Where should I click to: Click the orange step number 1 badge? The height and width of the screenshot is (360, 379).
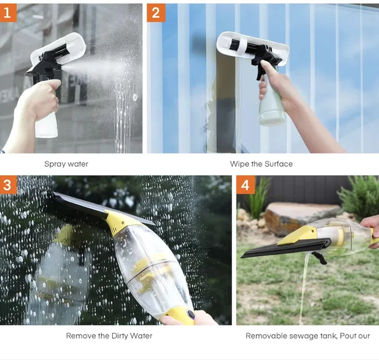pyautogui.click(x=8, y=12)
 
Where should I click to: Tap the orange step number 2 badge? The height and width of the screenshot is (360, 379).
pyautogui.click(x=156, y=12)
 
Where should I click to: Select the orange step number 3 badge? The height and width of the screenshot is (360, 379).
pyautogui.click(x=8, y=185)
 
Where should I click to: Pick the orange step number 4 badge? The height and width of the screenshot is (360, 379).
pyautogui.click(x=246, y=185)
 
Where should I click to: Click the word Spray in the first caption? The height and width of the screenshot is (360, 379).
pyautogui.click(x=55, y=164)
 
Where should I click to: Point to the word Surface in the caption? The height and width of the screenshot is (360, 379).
pyautogui.click(x=279, y=164)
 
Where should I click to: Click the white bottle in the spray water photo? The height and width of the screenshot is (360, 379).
pyautogui.click(x=46, y=125)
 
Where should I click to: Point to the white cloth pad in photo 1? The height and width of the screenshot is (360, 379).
pyautogui.click(x=59, y=48)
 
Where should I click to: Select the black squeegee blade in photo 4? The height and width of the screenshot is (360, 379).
pyautogui.click(x=286, y=248)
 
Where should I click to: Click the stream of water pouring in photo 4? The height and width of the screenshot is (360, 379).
pyautogui.click(x=304, y=287)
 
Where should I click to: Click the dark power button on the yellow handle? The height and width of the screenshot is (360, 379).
pyautogui.click(x=191, y=314)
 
